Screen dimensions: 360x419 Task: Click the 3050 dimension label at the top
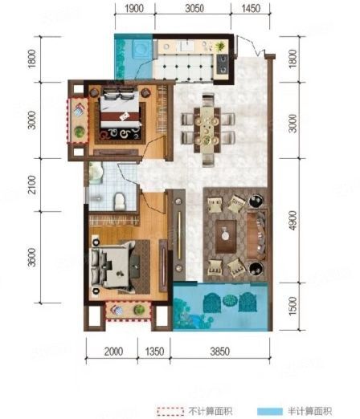click(x=194, y=8)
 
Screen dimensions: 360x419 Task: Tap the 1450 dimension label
click(x=251, y=8)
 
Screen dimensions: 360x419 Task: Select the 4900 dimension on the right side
click(x=293, y=221)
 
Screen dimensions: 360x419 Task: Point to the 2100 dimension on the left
click(x=32, y=185)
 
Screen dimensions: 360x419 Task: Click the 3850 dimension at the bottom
click(x=220, y=352)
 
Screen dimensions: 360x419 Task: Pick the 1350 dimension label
click(x=154, y=352)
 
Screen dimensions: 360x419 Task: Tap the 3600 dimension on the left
click(x=32, y=258)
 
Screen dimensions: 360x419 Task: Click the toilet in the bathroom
click(x=120, y=201)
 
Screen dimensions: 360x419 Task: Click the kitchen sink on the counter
click(x=186, y=46)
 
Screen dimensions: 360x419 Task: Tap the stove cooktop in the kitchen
click(x=223, y=64)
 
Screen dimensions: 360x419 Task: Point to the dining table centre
click(x=208, y=130)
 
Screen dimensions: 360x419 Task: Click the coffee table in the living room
click(x=226, y=236)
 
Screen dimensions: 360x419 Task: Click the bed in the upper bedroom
click(x=120, y=114)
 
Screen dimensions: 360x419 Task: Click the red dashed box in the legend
click(x=170, y=411)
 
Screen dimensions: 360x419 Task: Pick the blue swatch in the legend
click(x=270, y=411)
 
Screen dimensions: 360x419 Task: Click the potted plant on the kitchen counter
click(x=220, y=47)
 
